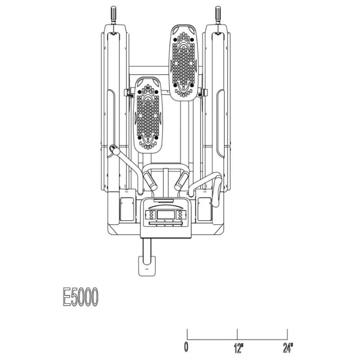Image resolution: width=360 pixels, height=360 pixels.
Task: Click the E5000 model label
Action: pyautogui.click(x=81, y=297)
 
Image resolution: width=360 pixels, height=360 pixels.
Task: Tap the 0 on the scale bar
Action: pyautogui.click(x=186, y=347)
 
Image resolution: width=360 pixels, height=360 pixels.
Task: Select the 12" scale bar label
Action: pyautogui.click(x=238, y=348)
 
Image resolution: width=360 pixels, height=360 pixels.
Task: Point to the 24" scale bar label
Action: pyautogui.click(x=288, y=347)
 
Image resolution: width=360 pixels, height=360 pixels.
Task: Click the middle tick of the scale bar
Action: pyautogui.click(x=237, y=334)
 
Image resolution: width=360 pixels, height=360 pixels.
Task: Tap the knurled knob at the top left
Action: pyautogui.click(x=113, y=14)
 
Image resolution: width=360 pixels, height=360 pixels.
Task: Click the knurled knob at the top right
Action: pyautogui.click(x=218, y=14)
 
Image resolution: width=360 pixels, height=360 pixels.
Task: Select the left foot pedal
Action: pyautogui.click(x=148, y=115)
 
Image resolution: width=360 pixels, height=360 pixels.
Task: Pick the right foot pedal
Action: pyautogui.click(x=184, y=63)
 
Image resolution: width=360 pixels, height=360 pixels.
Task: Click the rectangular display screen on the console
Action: pyautogui.click(x=166, y=215)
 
